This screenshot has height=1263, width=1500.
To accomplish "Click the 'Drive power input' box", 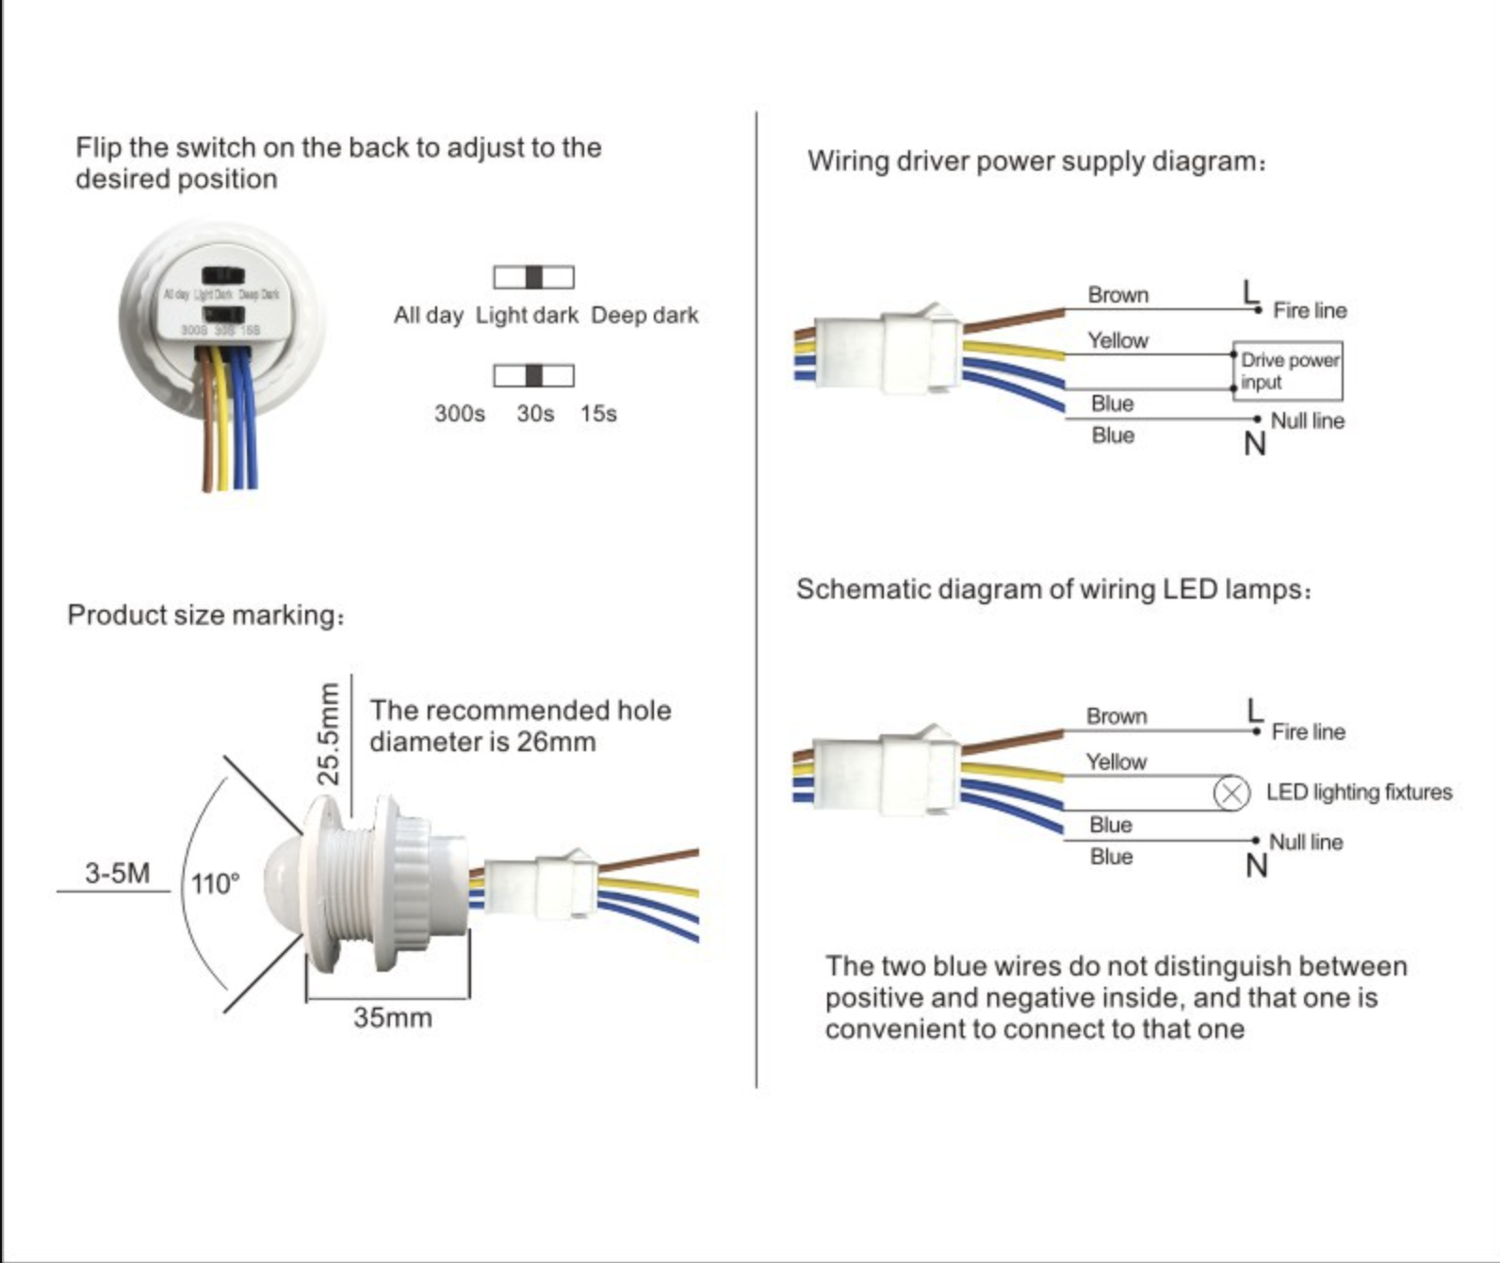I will (x=1288, y=370).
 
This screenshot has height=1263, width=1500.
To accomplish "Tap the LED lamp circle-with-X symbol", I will (x=1231, y=793).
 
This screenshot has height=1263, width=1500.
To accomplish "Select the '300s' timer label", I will (x=459, y=414).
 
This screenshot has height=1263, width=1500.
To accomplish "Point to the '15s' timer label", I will (x=598, y=414).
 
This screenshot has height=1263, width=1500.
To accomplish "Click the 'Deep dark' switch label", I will (x=644, y=315).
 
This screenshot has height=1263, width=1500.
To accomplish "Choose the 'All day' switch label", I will (x=428, y=315).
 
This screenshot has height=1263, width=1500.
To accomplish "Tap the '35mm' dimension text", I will (x=393, y=1018).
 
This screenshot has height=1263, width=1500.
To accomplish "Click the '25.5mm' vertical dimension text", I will (x=328, y=734).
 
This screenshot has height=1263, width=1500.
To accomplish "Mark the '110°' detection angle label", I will (x=215, y=884).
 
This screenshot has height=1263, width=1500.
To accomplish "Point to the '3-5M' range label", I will (x=117, y=873).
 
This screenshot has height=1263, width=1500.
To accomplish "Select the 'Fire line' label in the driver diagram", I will (x=1310, y=310).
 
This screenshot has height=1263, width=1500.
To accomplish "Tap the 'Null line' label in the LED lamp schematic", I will (x=1306, y=842).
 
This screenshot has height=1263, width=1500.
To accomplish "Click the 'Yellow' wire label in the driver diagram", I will (x=1117, y=340).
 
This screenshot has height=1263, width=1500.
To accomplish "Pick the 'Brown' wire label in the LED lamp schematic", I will (x=1117, y=716).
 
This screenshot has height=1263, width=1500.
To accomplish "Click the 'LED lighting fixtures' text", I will (x=1359, y=792).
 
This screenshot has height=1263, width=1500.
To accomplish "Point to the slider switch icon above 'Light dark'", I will (x=533, y=277).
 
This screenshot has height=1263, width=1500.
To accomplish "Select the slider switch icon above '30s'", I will (x=533, y=375).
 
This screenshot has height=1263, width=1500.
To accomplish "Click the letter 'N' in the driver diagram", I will (x=1254, y=444).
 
